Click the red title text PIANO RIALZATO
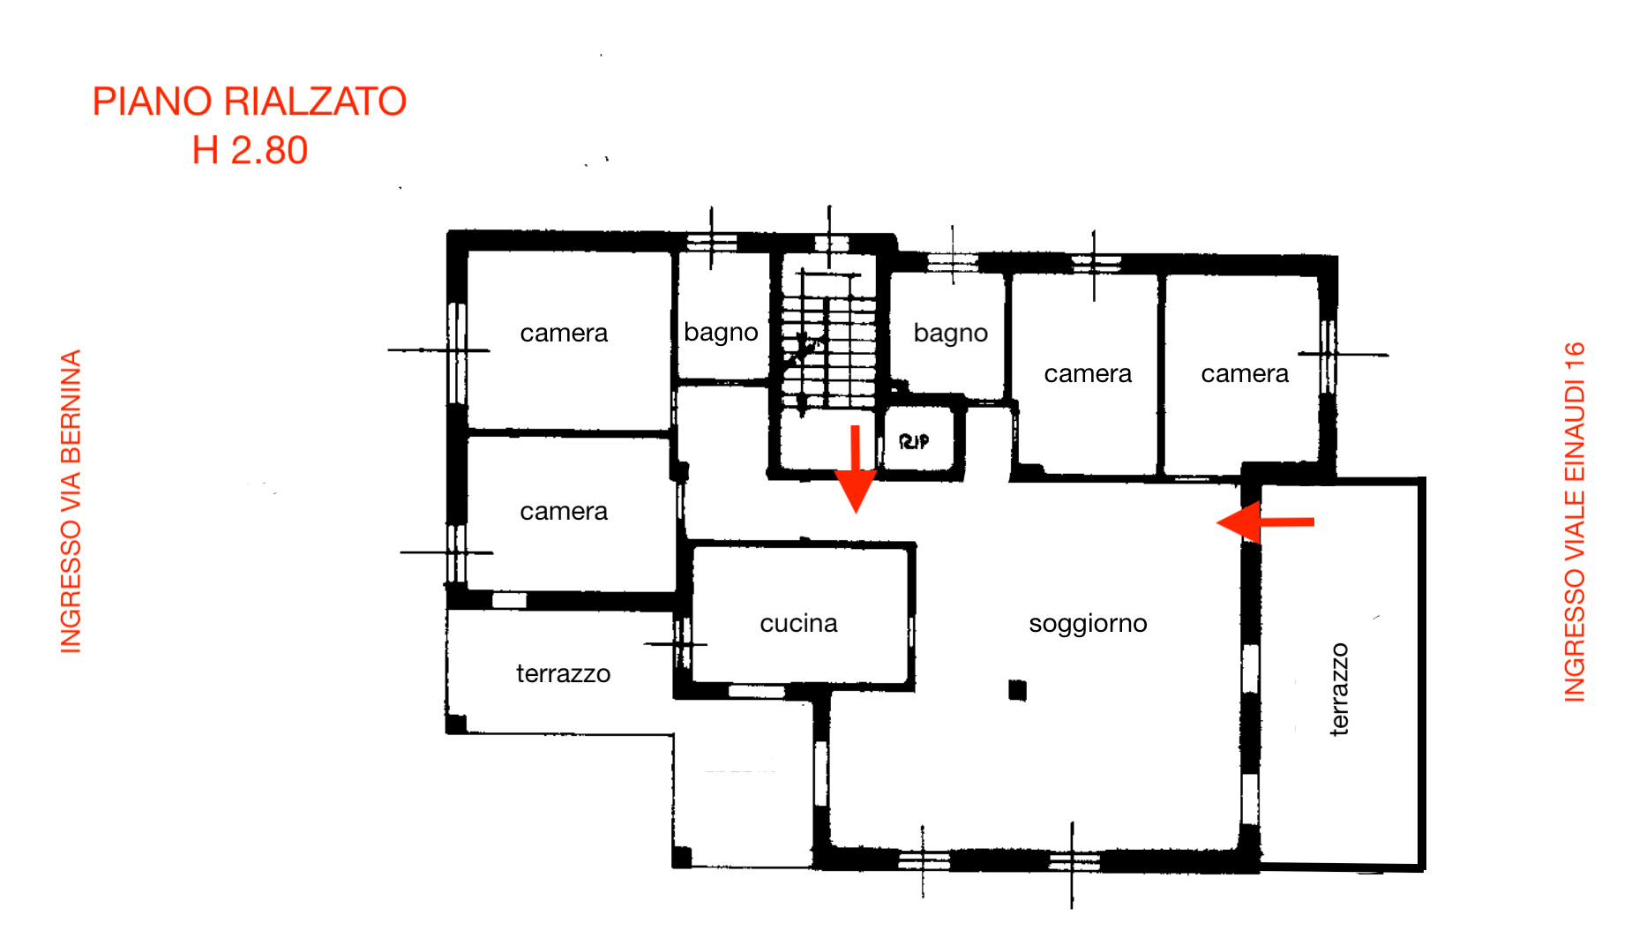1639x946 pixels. (250, 101)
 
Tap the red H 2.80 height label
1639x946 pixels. (250, 150)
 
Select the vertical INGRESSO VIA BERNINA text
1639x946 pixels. (71, 501)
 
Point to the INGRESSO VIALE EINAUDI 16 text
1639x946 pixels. (1575, 522)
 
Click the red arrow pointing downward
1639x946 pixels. (855, 469)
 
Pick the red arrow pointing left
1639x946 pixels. (1265, 522)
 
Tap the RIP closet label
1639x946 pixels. (914, 441)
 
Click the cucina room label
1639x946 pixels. (798, 623)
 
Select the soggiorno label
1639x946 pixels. (1088, 624)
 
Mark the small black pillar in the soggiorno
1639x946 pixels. (1018, 689)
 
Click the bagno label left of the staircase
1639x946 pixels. (721, 333)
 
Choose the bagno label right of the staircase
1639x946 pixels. (950, 333)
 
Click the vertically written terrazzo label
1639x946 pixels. (1339, 689)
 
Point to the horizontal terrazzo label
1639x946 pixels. (563, 674)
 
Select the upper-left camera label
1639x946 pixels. (564, 333)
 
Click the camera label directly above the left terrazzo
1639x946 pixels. (564, 511)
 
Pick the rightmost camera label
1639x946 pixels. (1245, 373)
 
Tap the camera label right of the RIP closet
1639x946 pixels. (1088, 373)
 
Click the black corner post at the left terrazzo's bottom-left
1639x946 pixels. (456, 724)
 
